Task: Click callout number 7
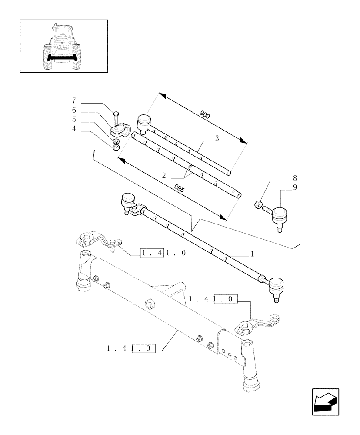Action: coord(74,101)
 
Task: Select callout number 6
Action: coord(74,110)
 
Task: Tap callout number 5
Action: coord(74,120)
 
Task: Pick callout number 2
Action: coord(164,176)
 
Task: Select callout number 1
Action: coord(252,254)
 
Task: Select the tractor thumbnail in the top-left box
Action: coord(63,46)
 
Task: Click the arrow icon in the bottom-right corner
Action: coord(325,402)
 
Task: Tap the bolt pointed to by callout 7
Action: coord(116,118)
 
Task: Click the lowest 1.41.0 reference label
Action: coord(131,348)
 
